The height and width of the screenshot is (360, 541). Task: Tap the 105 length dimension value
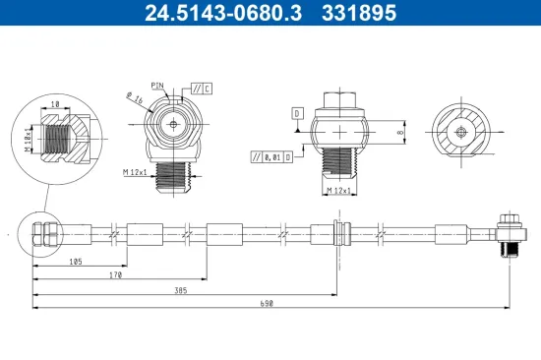click(x=75, y=263)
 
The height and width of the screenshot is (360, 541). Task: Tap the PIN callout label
click(x=158, y=87)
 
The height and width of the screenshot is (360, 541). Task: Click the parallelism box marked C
click(x=201, y=90)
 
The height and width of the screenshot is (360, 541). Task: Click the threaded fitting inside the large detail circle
click(x=65, y=135)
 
